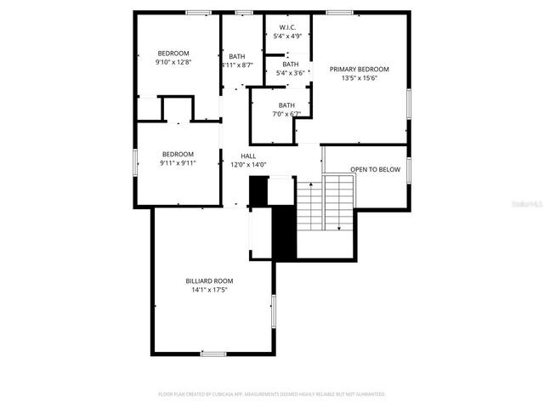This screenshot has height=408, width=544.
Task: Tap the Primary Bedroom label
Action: [360, 69]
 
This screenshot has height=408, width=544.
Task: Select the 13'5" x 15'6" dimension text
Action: [360, 78]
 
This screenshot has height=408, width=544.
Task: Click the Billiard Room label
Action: [209, 280]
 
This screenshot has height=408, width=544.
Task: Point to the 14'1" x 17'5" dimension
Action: [209, 290]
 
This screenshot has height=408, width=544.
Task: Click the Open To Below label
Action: [375, 169]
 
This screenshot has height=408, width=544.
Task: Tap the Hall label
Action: [248, 156]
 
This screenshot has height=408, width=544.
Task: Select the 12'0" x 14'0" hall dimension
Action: [248, 165]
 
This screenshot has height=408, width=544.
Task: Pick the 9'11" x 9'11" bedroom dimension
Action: [178, 163]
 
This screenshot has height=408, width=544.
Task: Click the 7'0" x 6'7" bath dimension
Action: [286, 114]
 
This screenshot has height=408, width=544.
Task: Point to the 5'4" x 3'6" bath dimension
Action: [291, 73]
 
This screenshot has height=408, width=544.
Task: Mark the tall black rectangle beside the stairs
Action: [282, 231]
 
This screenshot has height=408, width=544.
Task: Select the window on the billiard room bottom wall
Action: [212, 353]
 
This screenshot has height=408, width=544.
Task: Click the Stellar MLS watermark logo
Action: [529, 205]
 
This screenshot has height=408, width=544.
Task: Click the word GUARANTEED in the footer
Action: [368, 394]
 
